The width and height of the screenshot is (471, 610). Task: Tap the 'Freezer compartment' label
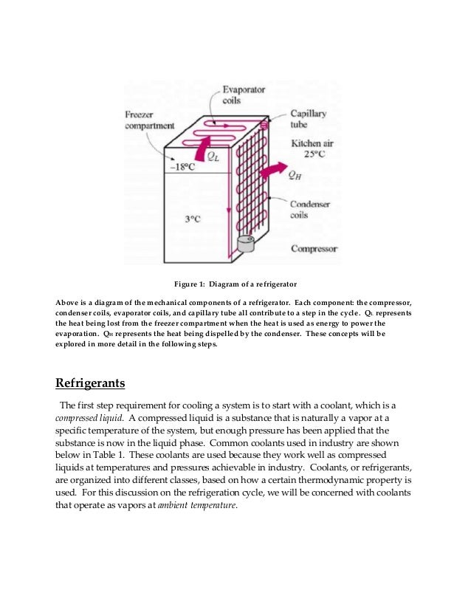[149, 120]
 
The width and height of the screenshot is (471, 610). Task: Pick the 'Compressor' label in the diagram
[314, 249]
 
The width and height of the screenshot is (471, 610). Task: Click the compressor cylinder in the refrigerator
[244, 243]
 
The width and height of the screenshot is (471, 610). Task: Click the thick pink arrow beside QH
[269, 169]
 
